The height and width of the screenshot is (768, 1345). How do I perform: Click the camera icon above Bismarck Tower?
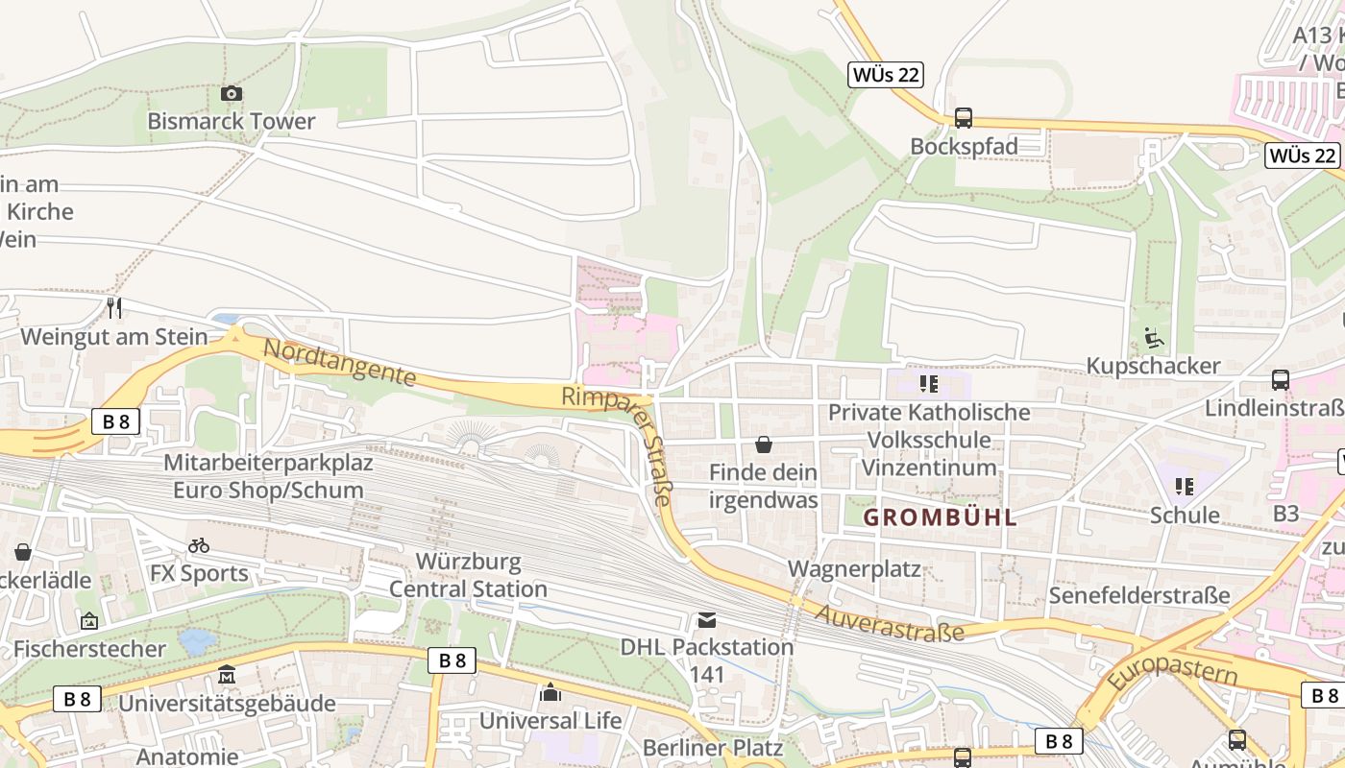coord(232,93)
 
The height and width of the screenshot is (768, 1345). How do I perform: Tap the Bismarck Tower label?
coord(231,121)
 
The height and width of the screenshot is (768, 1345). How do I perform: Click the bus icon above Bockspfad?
coord(963,118)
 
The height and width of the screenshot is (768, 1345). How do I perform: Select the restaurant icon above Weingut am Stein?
coord(114,307)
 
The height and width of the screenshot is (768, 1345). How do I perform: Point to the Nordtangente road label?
coord(339,363)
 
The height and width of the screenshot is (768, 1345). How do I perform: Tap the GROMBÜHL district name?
coord(940,517)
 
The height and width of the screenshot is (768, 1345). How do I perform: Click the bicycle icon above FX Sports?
coord(199,545)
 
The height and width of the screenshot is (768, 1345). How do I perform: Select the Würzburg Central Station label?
coord(468,574)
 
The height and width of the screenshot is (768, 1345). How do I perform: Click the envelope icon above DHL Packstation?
coord(707,619)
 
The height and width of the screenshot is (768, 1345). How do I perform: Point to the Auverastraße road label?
coord(890,620)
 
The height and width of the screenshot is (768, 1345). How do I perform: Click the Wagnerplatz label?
coord(854,568)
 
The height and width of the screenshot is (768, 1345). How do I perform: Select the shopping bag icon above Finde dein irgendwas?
coord(764,444)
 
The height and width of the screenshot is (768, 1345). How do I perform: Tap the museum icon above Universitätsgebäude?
coord(227,675)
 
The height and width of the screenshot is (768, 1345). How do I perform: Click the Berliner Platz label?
coord(713,747)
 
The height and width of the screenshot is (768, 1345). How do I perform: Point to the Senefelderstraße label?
coord(1139,595)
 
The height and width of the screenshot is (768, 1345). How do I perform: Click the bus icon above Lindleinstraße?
coord(1280,379)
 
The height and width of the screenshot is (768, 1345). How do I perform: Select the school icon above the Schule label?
coord(1185,487)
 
